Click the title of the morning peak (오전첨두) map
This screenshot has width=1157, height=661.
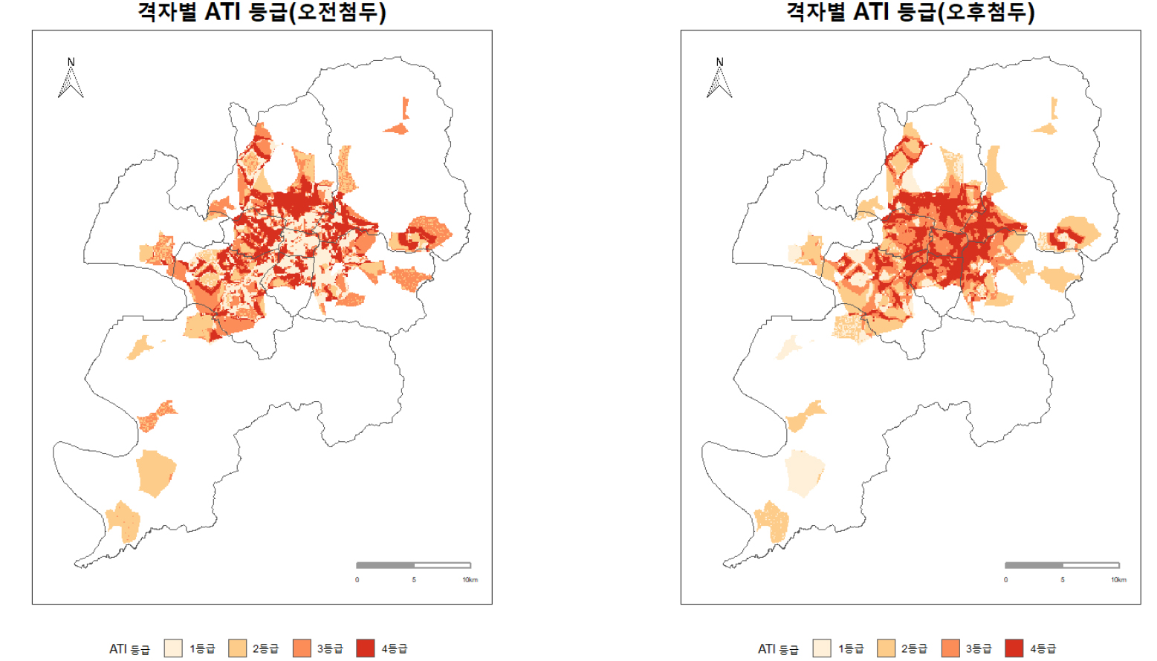click(x=262, y=12)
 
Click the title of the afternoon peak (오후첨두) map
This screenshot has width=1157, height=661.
click(x=910, y=12)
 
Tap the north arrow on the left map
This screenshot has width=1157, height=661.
click(x=71, y=79)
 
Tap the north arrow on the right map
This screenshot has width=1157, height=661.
click(x=719, y=79)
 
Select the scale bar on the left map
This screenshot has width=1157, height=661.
click(x=413, y=565)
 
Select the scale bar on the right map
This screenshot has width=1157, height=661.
click(x=1062, y=565)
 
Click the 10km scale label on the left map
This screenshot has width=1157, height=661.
click(x=470, y=580)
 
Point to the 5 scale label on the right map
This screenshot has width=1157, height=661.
click(x=1063, y=580)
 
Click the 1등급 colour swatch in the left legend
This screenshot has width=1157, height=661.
click(x=173, y=648)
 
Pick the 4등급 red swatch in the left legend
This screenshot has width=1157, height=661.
click(x=366, y=648)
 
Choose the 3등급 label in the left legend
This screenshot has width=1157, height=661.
click(x=330, y=648)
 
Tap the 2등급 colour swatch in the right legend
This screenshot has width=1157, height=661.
click(x=886, y=648)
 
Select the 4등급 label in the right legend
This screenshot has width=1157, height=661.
click(x=1043, y=648)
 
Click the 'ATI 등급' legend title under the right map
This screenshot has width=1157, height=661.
click(x=778, y=649)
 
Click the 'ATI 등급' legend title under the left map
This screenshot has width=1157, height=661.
click(x=129, y=649)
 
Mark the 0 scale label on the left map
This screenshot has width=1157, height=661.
click(x=357, y=580)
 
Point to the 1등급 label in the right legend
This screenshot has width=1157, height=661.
click(x=851, y=648)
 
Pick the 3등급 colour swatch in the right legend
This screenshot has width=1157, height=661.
click(x=950, y=648)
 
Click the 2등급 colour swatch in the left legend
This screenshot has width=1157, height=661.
click(x=237, y=648)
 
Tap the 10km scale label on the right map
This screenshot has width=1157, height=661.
click(x=1118, y=580)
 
